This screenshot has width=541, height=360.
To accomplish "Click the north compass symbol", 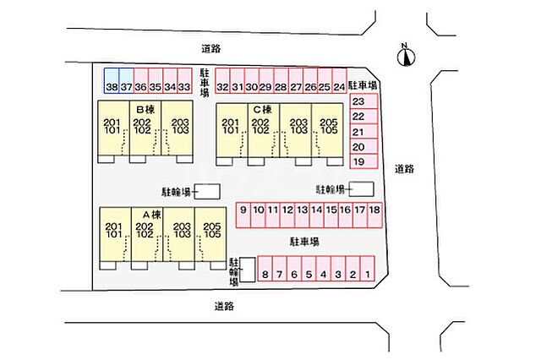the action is [406, 57].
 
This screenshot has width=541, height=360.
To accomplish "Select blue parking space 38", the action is [112, 80].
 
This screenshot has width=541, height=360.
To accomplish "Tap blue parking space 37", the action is [126, 80].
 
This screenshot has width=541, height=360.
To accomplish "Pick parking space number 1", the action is [368, 268].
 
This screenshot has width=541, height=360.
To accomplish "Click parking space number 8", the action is [265, 268].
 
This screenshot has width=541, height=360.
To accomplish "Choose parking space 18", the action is [374, 215].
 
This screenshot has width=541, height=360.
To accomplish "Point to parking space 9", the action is [243, 215].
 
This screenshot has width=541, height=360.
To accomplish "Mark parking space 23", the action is [364, 101].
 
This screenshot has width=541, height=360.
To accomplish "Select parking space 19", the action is [364, 161].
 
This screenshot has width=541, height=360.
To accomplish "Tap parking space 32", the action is [222, 80].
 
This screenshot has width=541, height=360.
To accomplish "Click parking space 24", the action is [340, 80].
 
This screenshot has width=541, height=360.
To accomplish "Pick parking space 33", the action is [184, 80].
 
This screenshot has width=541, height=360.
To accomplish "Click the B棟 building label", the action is [145, 110].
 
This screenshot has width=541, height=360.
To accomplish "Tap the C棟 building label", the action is [263, 110].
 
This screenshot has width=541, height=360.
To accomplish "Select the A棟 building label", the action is [152, 215].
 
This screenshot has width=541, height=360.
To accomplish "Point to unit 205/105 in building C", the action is [328, 130].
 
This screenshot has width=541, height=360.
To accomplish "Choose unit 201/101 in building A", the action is [115, 234].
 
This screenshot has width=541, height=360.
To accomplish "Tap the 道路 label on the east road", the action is [404, 169].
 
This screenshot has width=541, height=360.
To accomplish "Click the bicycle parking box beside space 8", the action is [248, 270].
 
